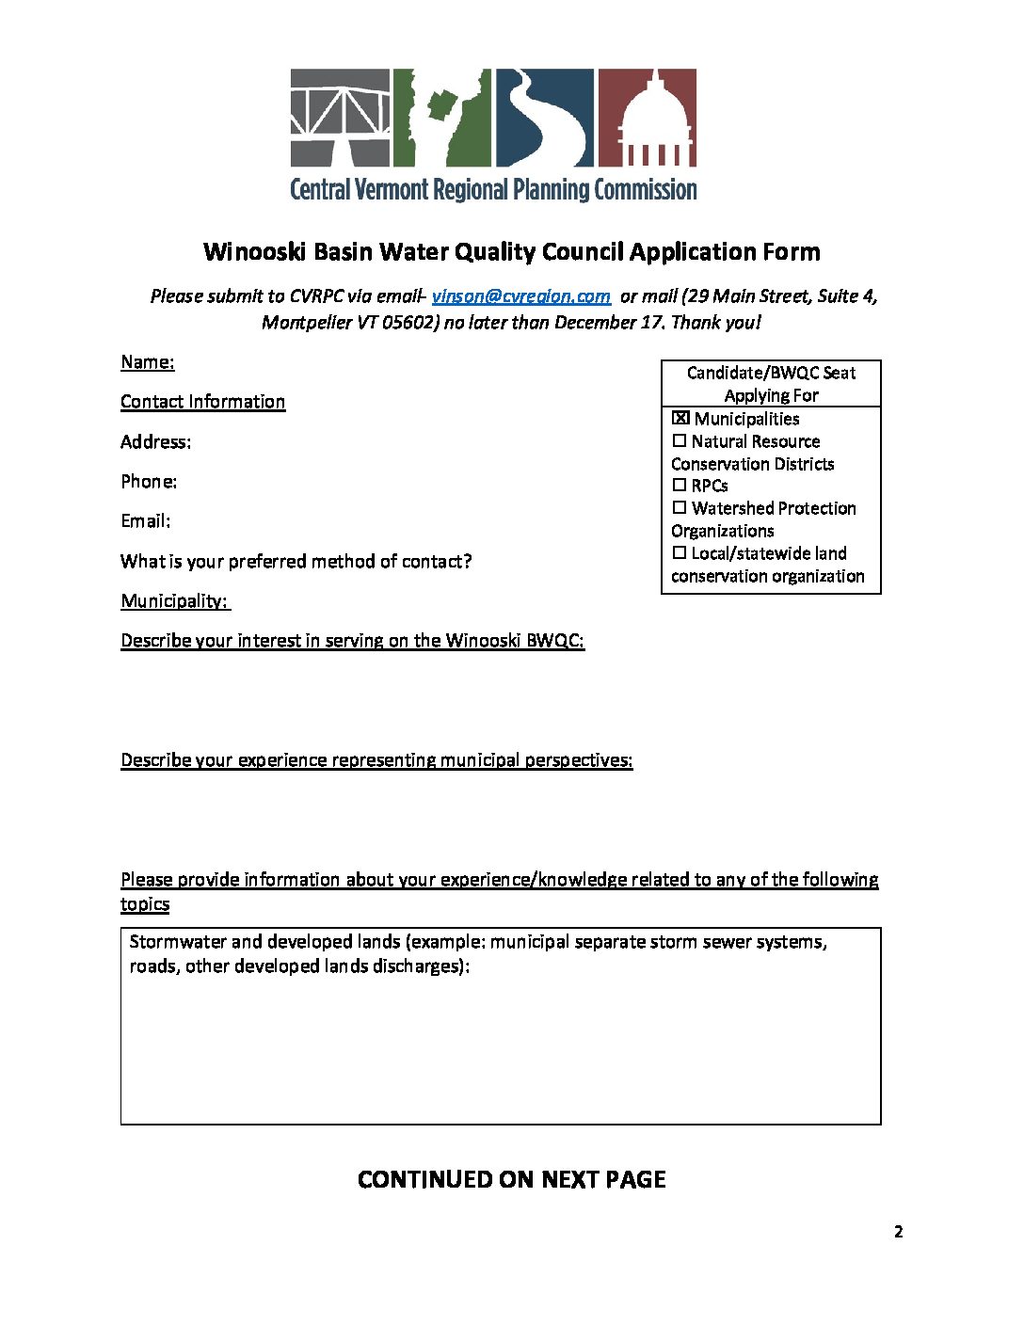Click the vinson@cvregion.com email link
point(520,296)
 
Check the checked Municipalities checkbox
point(680,419)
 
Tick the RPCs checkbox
point(680,486)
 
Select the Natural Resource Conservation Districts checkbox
point(680,441)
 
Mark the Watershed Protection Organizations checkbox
point(680,508)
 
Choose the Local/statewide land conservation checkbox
point(680,553)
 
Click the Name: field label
point(147,362)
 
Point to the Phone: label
point(149,482)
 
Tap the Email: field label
point(146,521)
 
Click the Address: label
point(155,442)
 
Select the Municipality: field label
point(175,601)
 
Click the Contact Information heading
point(202,402)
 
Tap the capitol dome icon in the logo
point(647,117)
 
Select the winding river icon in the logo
point(544,117)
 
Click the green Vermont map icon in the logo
point(442,117)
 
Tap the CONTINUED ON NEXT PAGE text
point(512,1180)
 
